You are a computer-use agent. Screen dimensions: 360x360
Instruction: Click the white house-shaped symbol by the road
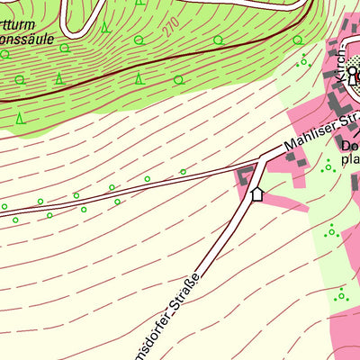(256, 193)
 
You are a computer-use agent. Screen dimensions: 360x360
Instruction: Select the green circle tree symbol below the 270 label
(178, 79)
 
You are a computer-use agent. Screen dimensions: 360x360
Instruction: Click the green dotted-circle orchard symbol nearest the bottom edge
(340, 295)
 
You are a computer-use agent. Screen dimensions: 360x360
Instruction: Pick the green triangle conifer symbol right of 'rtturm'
(105, 27)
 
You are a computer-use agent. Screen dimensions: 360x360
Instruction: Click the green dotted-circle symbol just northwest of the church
(303, 61)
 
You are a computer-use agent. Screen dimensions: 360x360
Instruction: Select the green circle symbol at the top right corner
(297, 40)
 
